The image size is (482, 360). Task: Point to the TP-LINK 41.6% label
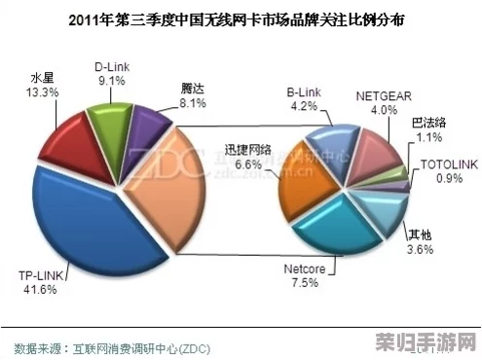point(39,283)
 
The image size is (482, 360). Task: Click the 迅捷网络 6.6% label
point(249,158)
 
